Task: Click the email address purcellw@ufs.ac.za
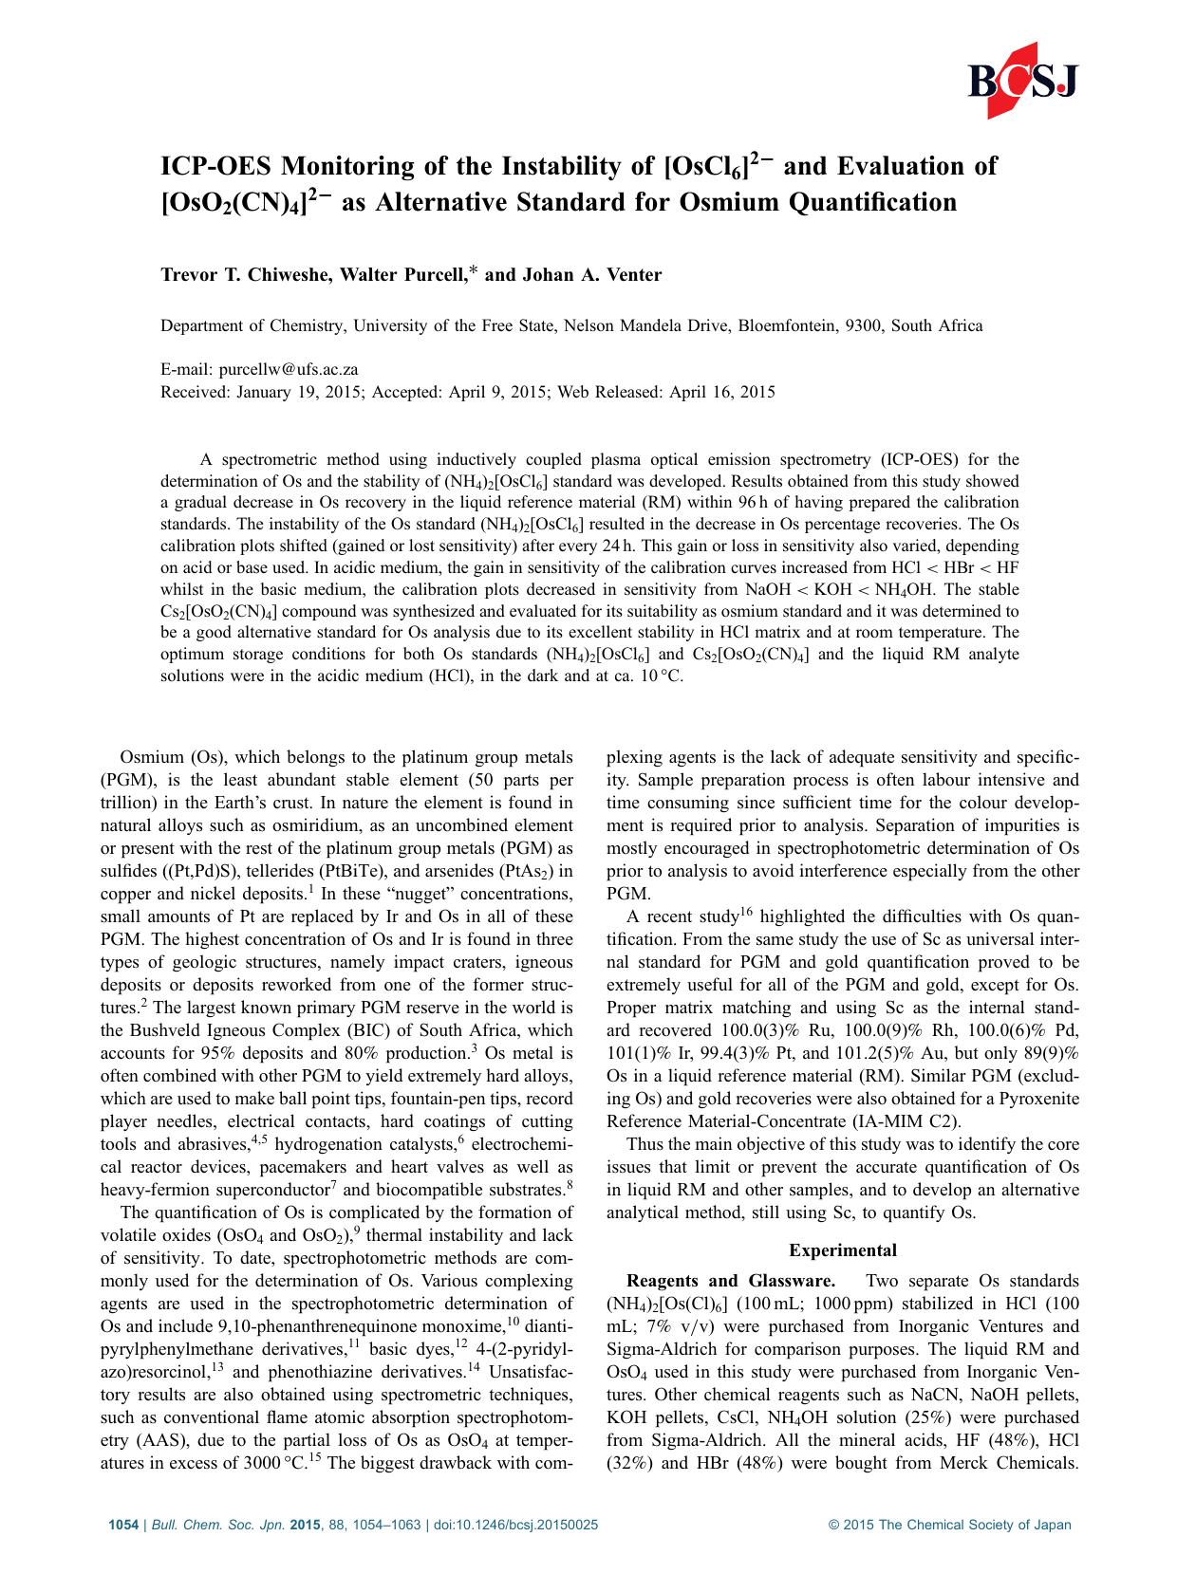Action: tap(289, 369)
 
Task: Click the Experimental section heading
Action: tap(843, 1250)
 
